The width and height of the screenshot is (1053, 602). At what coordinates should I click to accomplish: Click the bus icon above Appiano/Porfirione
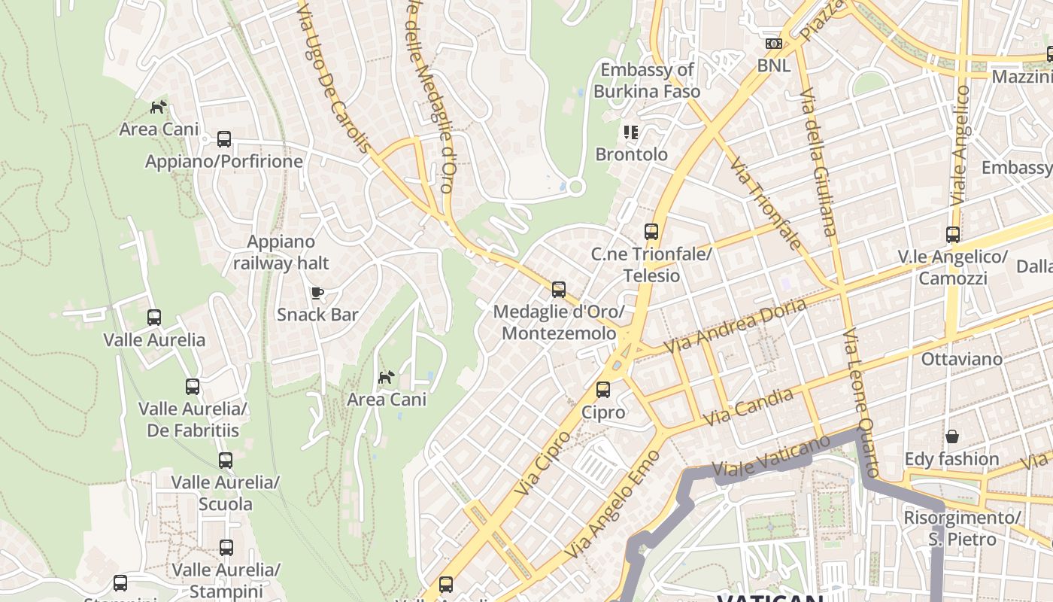(224, 139)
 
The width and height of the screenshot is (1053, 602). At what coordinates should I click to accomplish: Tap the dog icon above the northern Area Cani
(158, 107)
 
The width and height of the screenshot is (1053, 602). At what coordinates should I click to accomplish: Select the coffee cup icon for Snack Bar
(317, 293)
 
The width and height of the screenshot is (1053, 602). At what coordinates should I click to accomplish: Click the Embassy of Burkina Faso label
(647, 81)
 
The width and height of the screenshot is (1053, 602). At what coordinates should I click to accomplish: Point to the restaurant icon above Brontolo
(631, 132)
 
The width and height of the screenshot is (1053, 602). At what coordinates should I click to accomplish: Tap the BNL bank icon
(774, 44)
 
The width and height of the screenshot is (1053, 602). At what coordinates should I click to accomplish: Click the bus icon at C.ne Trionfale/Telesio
(651, 232)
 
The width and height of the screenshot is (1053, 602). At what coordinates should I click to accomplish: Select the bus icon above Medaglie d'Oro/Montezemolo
(558, 290)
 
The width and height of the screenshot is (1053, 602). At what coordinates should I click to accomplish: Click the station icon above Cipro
(603, 390)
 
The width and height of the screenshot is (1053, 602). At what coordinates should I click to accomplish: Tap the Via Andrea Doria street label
(735, 325)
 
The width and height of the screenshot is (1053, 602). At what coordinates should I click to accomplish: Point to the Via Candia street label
(748, 407)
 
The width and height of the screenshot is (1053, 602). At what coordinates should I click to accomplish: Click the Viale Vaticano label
(771, 455)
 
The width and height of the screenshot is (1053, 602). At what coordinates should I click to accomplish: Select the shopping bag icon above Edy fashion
(951, 436)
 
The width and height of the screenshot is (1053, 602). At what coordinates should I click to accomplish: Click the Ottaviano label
(962, 359)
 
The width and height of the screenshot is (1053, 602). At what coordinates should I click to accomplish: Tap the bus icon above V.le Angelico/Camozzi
(953, 235)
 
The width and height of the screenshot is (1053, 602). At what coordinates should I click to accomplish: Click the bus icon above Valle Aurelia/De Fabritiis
(193, 387)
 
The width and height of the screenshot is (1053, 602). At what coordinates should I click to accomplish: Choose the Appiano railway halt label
(281, 252)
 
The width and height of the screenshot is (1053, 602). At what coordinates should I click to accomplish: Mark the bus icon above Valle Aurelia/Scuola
(226, 461)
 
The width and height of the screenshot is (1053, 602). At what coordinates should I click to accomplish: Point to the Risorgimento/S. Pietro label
(961, 528)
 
